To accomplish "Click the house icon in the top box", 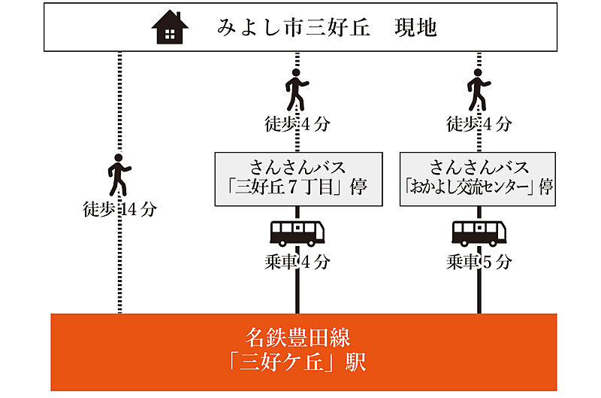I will (x=170, y=29).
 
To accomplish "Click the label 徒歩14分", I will (x=119, y=209).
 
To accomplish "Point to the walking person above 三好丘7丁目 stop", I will (x=297, y=90).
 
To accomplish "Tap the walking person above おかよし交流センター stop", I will (x=479, y=90).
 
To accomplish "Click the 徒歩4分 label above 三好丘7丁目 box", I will (x=297, y=123).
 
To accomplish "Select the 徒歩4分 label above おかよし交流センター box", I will (x=479, y=123).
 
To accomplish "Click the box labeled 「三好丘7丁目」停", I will (x=297, y=179).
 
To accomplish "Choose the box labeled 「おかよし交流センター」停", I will (x=479, y=179).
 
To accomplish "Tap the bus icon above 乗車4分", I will (x=297, y=232).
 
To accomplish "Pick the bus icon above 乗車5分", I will (x=479, y=232).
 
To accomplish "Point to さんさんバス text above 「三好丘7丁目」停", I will (x=297, y=166).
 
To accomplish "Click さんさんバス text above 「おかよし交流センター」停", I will (x=479, y=166).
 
